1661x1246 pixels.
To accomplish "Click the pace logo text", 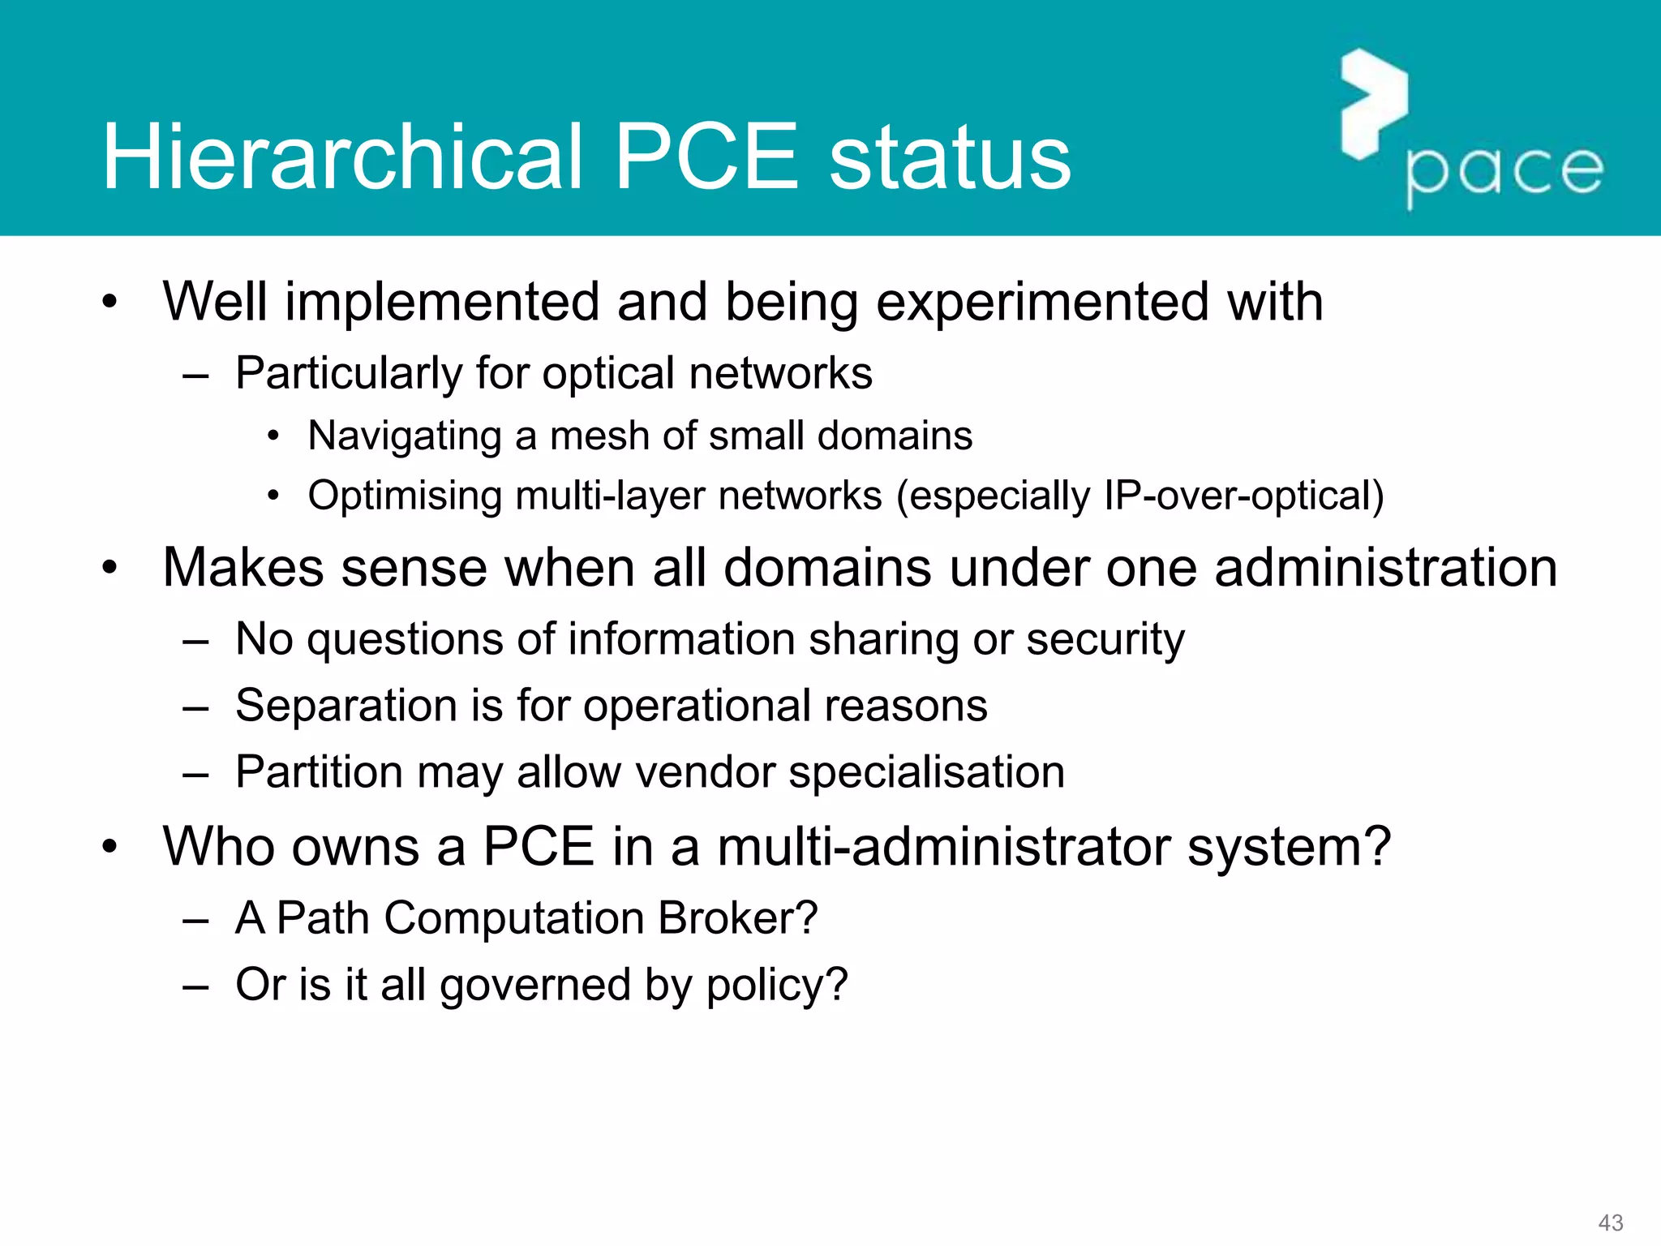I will (x=1504, y=172).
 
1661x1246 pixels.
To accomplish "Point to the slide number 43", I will (x=1610, y=1222).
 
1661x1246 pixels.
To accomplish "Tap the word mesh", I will (x=599, y=436).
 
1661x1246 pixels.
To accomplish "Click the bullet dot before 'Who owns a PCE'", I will (x=110, y=848).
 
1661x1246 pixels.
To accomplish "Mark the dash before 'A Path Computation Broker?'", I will (x=196, y=921).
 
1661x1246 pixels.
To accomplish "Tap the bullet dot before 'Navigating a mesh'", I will (x=274, y=436).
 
